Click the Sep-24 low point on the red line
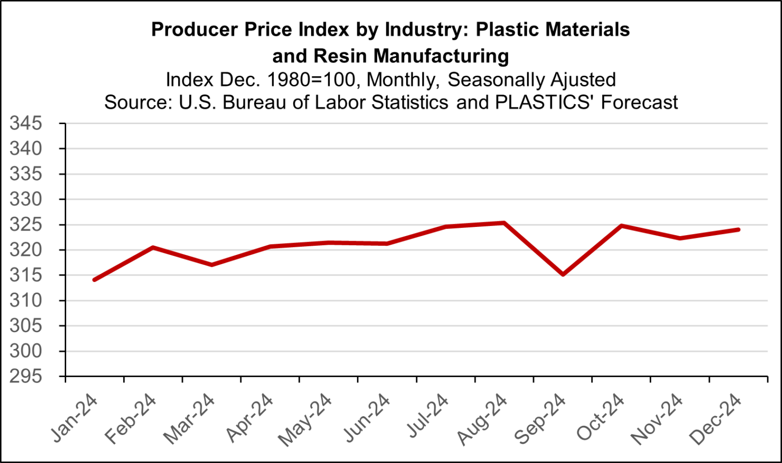tap(563, 275)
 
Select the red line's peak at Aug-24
tap(504, 223)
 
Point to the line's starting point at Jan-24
tap(94, 280)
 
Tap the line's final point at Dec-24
tap(738, 229)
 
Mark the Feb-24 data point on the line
tap(153, 247)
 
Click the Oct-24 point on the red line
tap(621, 225)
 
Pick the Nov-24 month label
tap(657, 419)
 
